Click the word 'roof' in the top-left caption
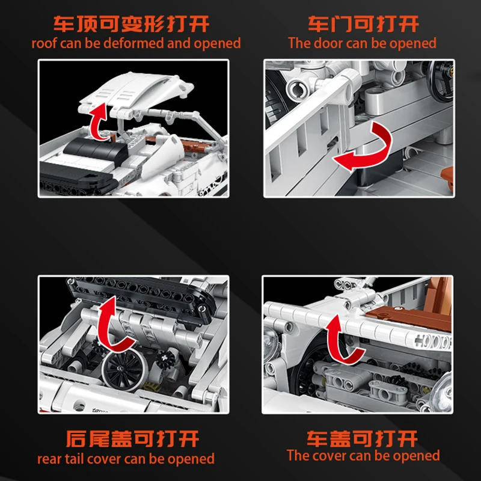click(x=44, y=43)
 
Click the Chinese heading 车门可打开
click(x=363, y=24)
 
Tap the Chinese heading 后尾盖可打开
click(x=132, y=439)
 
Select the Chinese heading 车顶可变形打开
click(x=131, y=24)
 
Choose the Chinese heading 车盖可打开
click(x=362, y=439)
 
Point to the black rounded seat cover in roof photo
click(x=96, y=150)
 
